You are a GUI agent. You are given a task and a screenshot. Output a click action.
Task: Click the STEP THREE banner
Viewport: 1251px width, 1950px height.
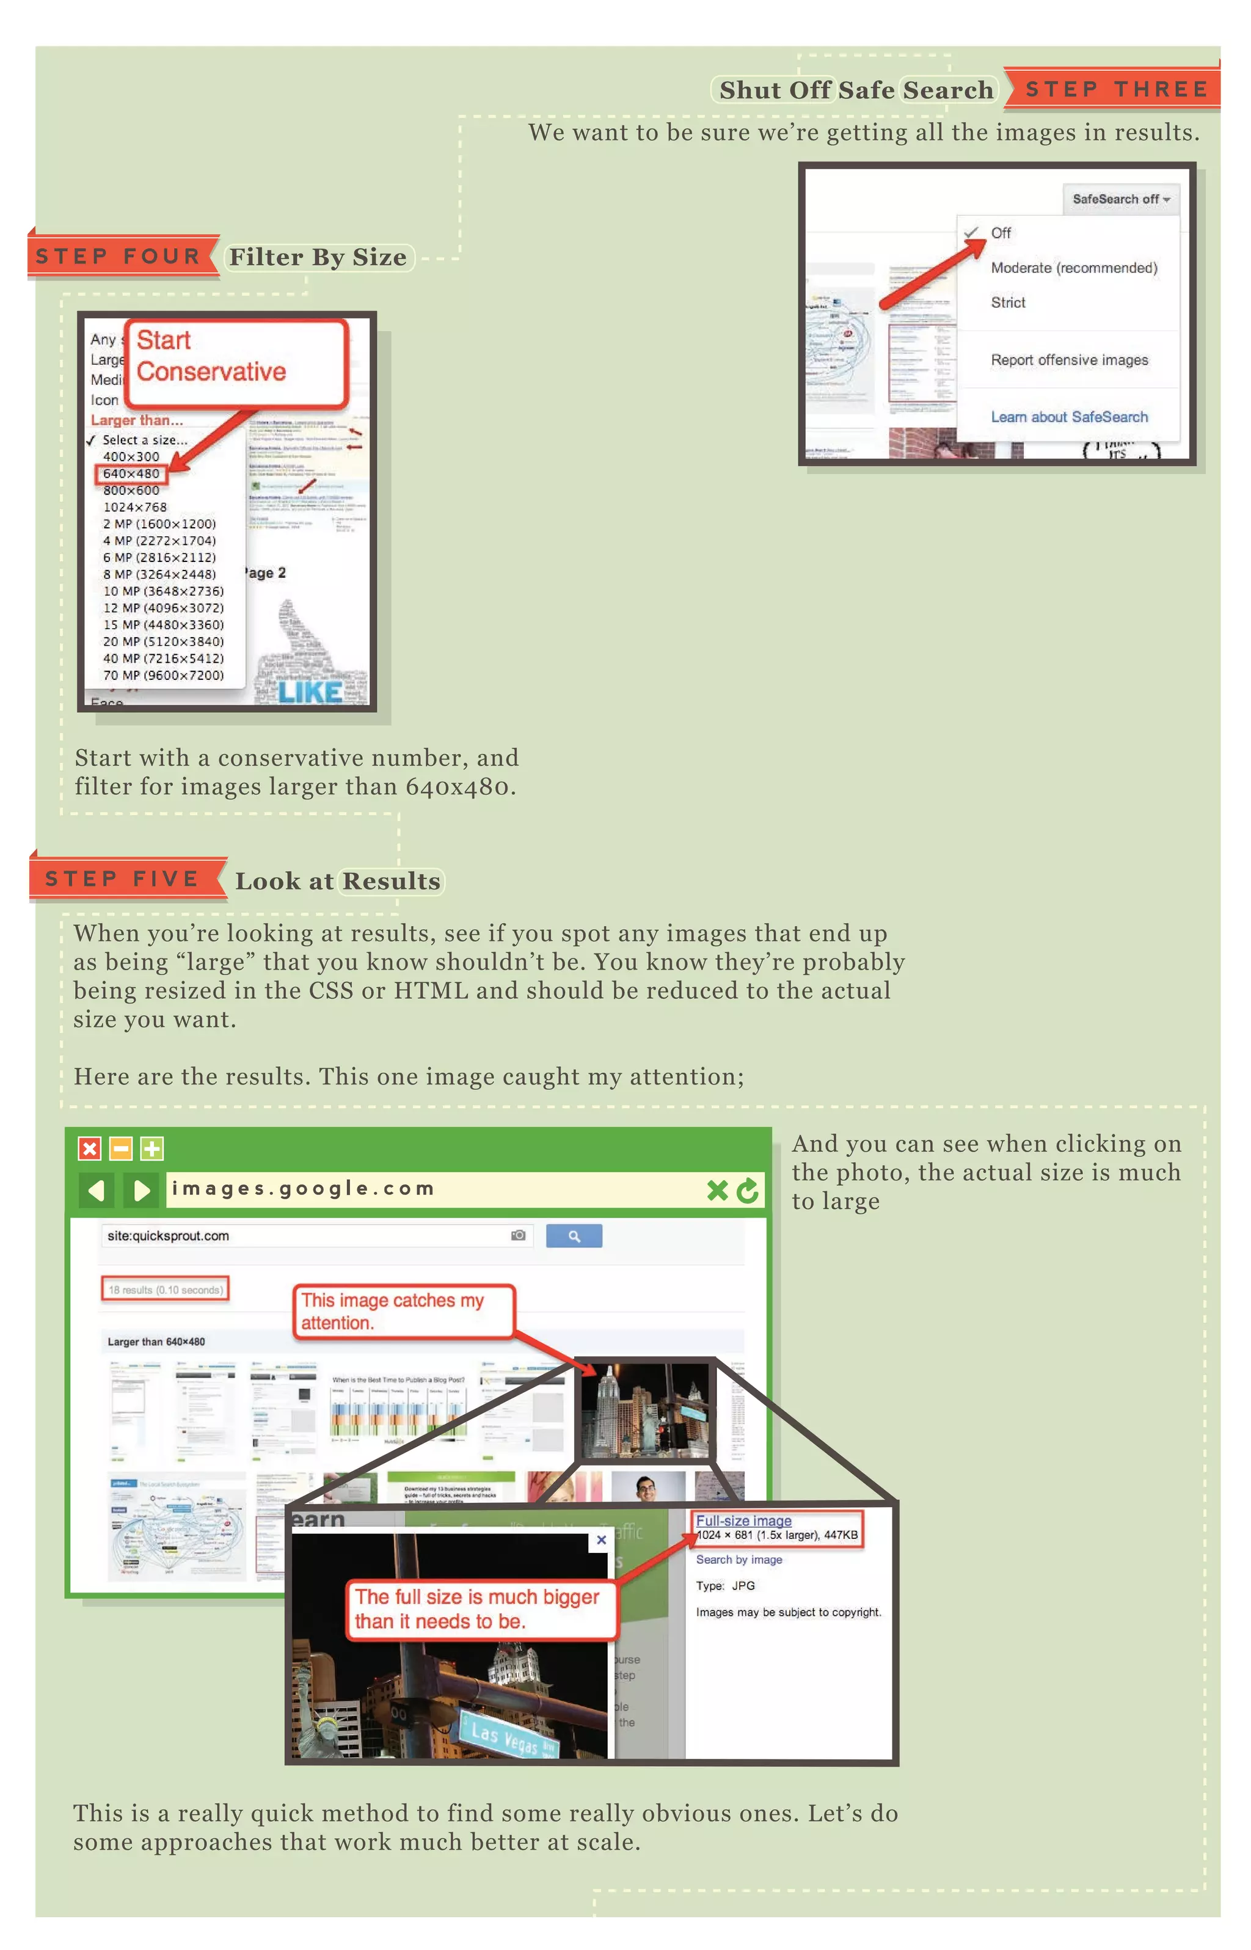(x=1115, y=89)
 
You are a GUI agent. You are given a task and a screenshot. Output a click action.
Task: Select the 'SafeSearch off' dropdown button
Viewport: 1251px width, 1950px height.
(x=1120, y=199)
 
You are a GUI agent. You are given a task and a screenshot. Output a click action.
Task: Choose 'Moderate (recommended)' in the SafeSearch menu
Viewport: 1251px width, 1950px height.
(x=1073, y=268)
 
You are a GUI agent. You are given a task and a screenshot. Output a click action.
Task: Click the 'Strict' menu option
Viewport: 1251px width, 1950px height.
(x=1007, y=302)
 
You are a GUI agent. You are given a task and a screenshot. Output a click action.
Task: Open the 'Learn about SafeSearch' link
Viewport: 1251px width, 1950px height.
(x=1068, y=417)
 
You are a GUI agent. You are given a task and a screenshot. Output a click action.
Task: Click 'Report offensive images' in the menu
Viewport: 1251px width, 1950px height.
(x=1068, y=360)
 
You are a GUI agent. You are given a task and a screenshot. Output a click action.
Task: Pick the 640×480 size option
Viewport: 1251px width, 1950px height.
(x=131, y=473)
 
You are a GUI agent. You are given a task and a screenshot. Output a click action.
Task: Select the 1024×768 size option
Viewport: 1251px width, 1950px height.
(x=135, y=507)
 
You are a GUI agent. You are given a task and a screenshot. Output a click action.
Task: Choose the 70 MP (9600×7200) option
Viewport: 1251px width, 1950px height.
(x=162, y=675)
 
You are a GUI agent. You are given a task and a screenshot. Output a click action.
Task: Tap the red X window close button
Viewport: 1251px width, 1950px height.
(x=89, y=1148)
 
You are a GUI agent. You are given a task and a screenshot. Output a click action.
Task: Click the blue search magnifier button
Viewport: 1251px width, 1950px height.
(x=574, y=1236)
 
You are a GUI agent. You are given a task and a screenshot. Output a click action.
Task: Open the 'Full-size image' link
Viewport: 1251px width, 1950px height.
(x=743, y=1521)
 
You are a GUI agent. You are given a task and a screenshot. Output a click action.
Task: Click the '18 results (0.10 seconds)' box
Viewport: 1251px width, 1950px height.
(x=165, y=1290)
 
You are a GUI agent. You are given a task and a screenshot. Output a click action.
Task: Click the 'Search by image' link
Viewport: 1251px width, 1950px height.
(x=739, y=1560)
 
